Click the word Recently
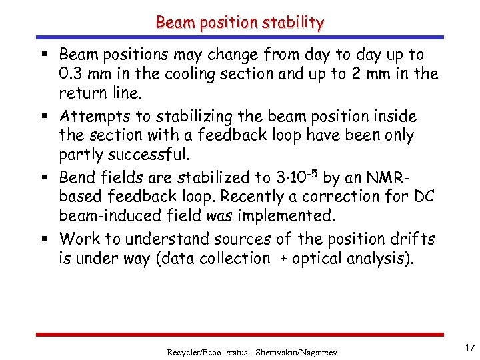(x=257, y=197)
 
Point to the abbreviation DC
(x=423, y=197)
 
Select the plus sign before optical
(x=282, y=259)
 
